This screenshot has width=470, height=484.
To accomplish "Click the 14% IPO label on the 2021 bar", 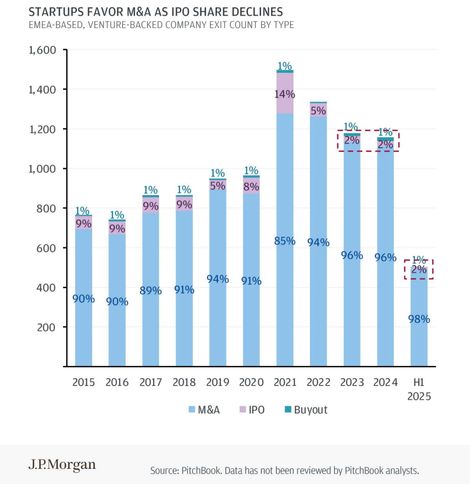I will coord(285,94).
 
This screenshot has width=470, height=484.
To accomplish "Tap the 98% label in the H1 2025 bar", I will coord(419,319).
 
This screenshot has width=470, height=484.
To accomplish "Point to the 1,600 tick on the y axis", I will coord(42,50).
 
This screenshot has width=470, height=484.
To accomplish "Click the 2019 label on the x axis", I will coord(218,383).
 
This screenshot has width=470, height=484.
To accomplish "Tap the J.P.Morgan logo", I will coord(62,465).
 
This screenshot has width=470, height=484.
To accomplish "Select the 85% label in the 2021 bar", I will coord(285,241).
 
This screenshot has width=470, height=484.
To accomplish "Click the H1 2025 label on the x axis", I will coord(419,389).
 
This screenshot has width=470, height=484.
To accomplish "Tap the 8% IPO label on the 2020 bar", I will coord(251,187).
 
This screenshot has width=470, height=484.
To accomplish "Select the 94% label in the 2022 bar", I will coord(318,242).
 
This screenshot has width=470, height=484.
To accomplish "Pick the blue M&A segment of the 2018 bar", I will coord(184,323).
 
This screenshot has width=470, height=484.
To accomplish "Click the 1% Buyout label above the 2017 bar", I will coord(150,190).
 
